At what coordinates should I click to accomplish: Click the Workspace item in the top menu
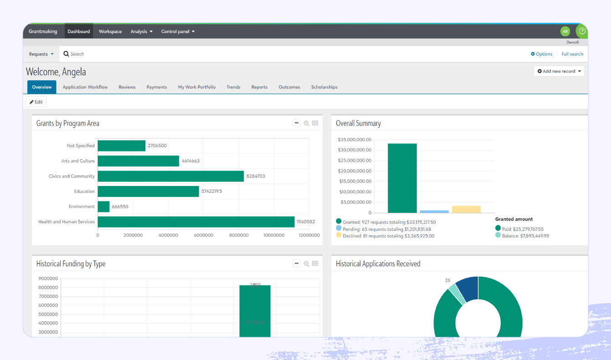pyautogui.click(x=110, y=31)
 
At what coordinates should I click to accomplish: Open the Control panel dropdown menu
pyautogui.click(x=178, y=31)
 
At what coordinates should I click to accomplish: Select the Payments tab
pyautogui.click(x=157, y=87)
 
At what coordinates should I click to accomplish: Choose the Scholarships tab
pyautogui.click(x=324, y=87)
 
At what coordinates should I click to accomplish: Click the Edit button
pyautogui.click(x=36, y=102)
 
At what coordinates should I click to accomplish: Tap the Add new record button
pyautogui.click(x=559, y=71)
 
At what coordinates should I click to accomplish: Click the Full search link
pyautogui.click(x=572, y=54)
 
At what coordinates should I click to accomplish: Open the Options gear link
pyautogui.click(x=542, y=54)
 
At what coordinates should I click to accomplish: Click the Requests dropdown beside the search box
pyautogui.click(x=41, y=54)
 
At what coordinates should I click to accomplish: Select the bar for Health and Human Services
pyautogui.click(x=196, y=222)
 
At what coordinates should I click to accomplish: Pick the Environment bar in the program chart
pyautogui.click(x=104, y=206)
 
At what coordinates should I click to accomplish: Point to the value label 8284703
pyautogui.click(x=255, y=176)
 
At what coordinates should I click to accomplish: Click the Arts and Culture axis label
pyautogui.click(x=78, y=161)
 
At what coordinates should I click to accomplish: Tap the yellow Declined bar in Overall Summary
pyautogui.click(x=466, y=209)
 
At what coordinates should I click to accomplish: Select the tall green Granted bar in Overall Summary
pyautogui.click(x=402, y=178)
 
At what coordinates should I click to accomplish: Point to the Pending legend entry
pyautogui.click(x=387, y=229)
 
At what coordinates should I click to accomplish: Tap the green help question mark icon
pyautogui.click(x=582, y=31)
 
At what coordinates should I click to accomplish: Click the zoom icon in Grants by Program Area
pyautogui.click(x=306, y=123)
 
